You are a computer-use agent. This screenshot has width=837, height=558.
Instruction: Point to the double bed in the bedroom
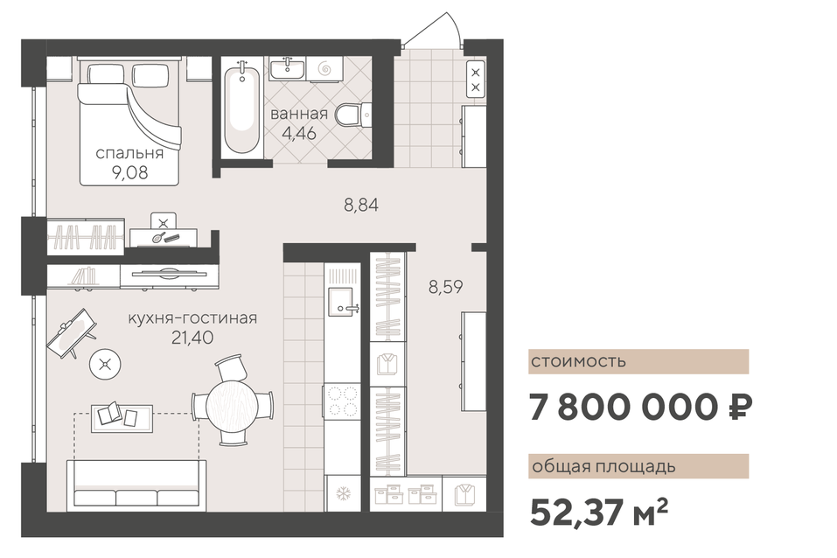click(x=129, y=122)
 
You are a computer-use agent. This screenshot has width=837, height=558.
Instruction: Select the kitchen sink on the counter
click(x=341, y=301)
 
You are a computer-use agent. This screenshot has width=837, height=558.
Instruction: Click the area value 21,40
click(x=192, y=338)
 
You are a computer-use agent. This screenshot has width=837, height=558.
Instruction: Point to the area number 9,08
click(x=129, y=173)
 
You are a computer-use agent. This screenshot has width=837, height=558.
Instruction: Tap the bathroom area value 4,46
click(x=299, y=133)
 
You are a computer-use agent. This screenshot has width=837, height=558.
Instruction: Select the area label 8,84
click(x=361, y=205)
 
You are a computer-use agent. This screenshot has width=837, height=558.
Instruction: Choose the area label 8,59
click(x=446, y=287)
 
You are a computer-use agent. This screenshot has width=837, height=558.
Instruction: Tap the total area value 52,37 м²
click(x=598, y=512)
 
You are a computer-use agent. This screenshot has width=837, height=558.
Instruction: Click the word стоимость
click(x=578, y=361)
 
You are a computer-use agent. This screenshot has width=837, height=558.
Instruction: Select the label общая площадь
click(x=603, y=467)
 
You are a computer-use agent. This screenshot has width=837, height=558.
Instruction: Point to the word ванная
click(x=299, y=114)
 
